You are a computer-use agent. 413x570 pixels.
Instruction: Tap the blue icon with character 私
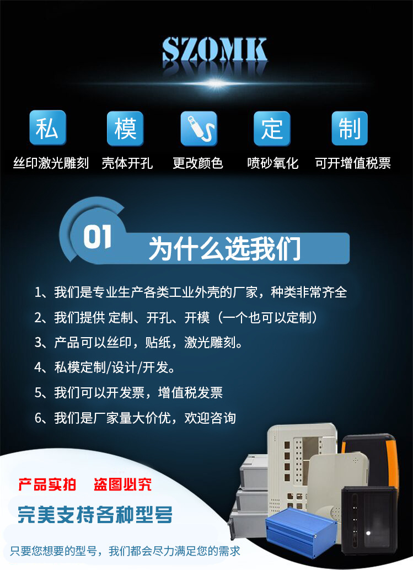pyautogui.click(x=47, y=129)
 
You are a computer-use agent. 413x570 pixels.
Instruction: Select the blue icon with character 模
pyautogui.click(x=125, y=129)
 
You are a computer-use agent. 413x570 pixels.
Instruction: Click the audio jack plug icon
pyautogui.click(x=199, y=129)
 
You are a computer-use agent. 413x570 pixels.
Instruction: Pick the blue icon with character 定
pyautogui.click(x=272, y=129)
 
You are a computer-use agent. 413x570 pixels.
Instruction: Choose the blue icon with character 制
pyautogui.click(x=350, y=129)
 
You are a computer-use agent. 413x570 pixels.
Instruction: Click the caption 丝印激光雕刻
pyautogui.click(x=51, y=163)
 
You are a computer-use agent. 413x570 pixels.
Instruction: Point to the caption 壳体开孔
pyautogui.click(x=127, y=163)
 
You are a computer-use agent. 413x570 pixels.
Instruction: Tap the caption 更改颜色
pyautogui.click(x=198, y=163)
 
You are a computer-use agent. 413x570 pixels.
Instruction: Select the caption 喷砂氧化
pyautogui.click(x=273, y=163)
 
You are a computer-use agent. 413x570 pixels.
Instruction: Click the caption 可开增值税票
pyautogui.click(x=353, y=163)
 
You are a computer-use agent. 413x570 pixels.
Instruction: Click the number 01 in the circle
pyautogui.click(x=98, y=237)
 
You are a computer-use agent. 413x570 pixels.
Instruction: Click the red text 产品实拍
pyautogui.click(x=47, y=485)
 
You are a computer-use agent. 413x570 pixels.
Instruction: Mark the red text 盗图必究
pyautogui.click(x=122, y=485)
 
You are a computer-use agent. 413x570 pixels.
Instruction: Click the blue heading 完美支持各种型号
pyautogui.click(x=95, y=515)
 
